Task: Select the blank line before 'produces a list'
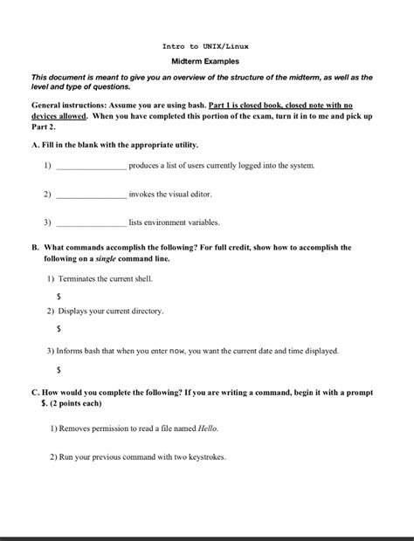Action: tap(91, 167)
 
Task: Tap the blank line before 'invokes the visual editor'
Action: tap(91, 195)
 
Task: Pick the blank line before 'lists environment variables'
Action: tap(91, 223)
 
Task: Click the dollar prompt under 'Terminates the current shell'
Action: tap(59, 297)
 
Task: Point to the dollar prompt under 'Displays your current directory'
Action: tap(59, 329)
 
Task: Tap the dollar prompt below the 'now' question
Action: tap(59, 370)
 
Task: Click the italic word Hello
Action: tap(207, 428)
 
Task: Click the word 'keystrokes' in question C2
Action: tap(206, 457)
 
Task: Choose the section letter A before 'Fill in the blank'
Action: tap(35, 144)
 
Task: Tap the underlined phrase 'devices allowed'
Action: tap(59, 115)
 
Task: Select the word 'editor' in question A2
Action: tap(199, 195)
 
